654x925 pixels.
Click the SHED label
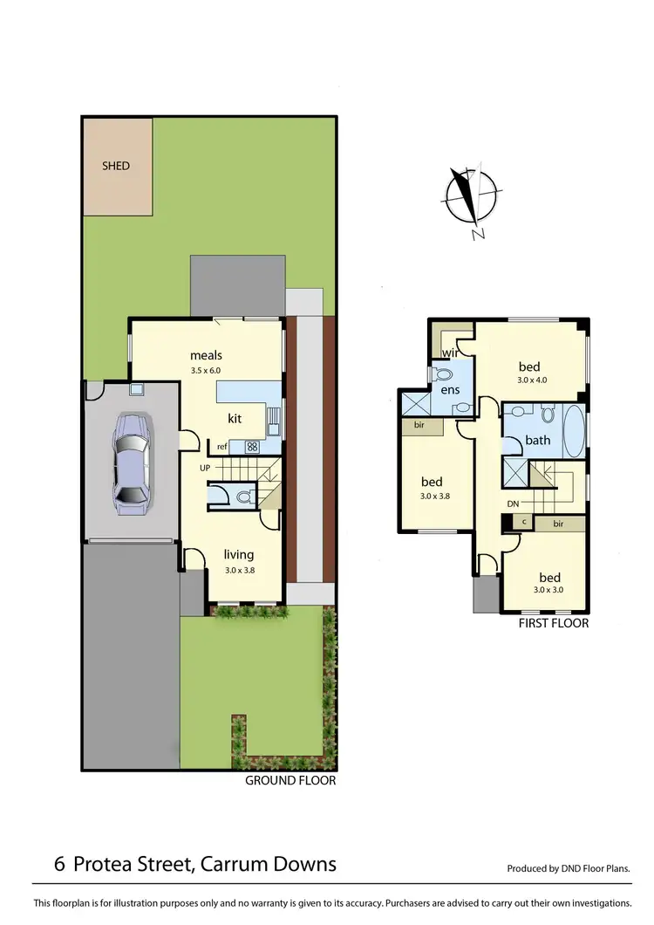point(116,166)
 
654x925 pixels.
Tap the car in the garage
point(132,460)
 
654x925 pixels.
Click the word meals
point(207,355)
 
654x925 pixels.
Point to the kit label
point(235,419)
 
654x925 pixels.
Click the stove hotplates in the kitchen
point(253,447)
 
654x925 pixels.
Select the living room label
point(238,554)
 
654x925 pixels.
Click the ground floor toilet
point(243,497)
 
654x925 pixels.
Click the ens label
point(449,390)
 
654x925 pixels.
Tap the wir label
point(451,353)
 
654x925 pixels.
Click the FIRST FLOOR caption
point(554,623)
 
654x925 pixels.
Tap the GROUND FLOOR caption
point(290,781)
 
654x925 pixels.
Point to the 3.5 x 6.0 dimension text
point(207,371)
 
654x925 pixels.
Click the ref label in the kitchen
point(222,447)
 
